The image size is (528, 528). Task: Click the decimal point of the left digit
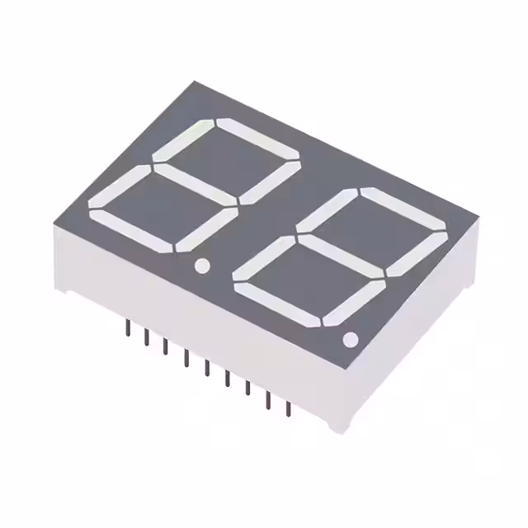(201, 266)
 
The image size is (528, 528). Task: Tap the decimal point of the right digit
(350, 339)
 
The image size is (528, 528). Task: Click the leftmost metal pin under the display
(127, 328)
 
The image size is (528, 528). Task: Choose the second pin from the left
(147, 337)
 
